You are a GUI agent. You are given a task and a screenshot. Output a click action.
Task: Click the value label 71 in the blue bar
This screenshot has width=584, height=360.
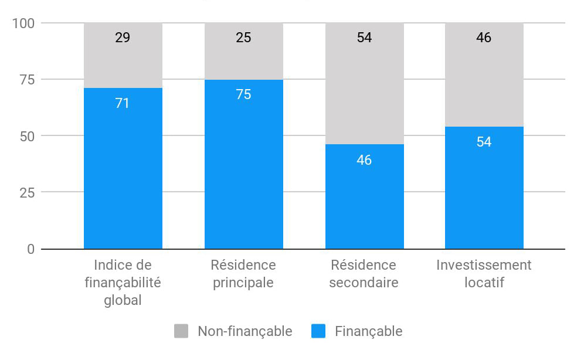[123, 104]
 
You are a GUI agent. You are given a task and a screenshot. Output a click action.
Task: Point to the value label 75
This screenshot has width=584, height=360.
[243, 94]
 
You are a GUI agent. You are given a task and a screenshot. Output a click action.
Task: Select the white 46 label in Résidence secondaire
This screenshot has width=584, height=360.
[364, 160]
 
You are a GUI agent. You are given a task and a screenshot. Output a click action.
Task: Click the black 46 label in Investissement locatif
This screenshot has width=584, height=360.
[484, 38]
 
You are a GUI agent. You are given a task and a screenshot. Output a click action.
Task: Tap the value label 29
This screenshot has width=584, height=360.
[123, 38]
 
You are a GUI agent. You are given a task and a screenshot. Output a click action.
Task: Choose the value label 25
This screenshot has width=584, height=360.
[243, 38]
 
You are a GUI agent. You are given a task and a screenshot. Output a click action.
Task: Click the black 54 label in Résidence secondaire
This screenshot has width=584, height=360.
[364, 38]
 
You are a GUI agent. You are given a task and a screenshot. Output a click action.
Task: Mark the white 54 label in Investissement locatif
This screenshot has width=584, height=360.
[484, 142]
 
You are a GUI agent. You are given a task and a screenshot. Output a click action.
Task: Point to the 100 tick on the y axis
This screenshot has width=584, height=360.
[23, 23]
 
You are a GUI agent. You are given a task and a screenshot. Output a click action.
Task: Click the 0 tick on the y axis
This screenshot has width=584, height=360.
[30, 249]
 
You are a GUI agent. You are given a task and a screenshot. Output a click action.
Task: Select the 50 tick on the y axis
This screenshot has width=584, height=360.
[26, 136]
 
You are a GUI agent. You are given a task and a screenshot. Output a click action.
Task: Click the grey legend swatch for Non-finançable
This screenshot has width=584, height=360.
[181, 331]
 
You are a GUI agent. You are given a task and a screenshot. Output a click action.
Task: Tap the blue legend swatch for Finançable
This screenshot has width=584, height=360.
[318, 331]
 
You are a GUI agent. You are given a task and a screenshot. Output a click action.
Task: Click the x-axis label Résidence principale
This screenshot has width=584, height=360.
[243, 274]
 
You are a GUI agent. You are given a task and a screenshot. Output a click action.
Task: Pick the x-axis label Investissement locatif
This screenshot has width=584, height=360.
[484, 274]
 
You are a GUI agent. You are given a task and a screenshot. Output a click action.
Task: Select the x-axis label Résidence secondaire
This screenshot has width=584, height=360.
[364, 274]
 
